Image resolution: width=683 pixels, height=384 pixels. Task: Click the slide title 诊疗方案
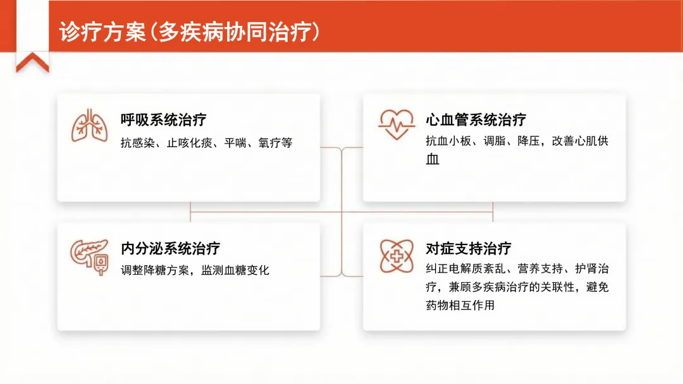[x=102, y=32]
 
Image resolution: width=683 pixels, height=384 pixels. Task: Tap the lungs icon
[x=90, y=125]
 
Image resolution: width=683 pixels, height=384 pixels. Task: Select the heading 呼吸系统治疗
[x=163, y=119]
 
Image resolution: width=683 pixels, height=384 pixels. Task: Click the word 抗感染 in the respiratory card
[x=138, y=143]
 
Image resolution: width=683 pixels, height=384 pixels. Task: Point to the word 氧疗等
[x=275, y=143]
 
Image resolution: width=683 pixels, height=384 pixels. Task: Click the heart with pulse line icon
[x=396, y=124]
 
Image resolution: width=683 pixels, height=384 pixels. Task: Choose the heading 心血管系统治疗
[x=476, y=119]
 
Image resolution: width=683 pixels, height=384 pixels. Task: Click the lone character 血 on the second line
[x=433, y=159]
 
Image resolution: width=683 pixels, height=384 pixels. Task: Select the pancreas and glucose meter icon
[x=89, y=258]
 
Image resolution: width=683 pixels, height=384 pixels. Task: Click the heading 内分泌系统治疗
[x=170, y=248]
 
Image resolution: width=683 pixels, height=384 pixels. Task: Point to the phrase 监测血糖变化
[x=235, y=270]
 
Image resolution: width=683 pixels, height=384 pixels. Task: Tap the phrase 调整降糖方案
[x=155, y=270]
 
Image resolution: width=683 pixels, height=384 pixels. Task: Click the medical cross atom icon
[x=397, y=256]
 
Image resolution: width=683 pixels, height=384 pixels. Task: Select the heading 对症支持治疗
[x=469, y=248]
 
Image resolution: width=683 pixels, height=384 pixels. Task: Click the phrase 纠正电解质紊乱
[x=465, y=269]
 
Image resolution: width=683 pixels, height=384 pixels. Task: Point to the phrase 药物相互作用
[x=460, y=305]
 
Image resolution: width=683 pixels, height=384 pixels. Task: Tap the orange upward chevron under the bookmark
[x=32, y=63]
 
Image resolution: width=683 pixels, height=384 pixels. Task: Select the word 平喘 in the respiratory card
[x=235, y=143]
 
